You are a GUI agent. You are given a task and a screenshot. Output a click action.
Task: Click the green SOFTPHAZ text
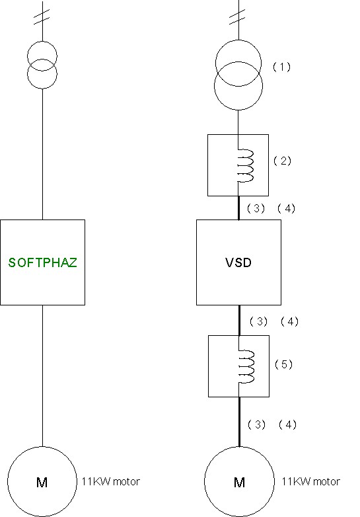point(42,262)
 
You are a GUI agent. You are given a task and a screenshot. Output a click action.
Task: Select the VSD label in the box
point(238,262)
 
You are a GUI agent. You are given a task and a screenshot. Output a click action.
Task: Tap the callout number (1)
point(281,67)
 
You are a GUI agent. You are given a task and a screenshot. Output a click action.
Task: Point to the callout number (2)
point(282,161)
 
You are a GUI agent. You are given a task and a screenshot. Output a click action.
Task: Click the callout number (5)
point(283,364)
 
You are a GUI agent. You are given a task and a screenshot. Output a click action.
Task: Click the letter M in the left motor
point(42,483)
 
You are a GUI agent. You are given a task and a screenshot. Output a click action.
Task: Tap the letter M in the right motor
point(239,483)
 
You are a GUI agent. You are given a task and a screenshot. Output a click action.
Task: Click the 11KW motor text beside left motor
point(111,482)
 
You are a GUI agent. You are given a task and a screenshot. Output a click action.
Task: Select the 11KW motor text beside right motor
point(310,482)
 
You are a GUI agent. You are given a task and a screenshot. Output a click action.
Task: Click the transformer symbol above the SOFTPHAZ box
point(42,65)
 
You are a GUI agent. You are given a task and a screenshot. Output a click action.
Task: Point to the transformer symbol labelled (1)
point(238,75)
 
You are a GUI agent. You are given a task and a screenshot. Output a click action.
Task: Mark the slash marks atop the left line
point(42,16)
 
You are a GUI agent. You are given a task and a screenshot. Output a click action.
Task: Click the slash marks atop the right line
point(238,17)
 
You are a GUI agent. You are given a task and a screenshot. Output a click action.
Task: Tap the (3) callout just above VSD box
point(256,208)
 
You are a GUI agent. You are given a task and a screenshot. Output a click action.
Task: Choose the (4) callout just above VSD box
point(286,208)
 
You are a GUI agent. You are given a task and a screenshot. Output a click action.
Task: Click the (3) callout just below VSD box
point(258,321)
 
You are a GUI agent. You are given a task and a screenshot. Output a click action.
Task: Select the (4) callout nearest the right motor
point(287,424)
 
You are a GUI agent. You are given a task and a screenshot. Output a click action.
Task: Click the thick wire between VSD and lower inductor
point(239,320)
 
